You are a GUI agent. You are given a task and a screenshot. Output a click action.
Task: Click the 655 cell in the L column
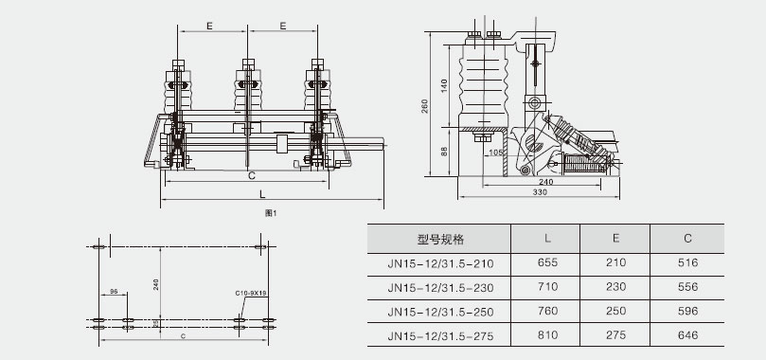click(547, 262)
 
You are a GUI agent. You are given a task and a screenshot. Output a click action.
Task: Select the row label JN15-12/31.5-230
click(440, 287)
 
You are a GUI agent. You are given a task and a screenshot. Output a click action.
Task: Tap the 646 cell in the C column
click(687, 335)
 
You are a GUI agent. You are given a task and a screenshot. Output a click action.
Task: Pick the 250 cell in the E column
click(615, 311)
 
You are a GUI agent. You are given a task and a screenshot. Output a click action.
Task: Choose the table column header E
click(616, 238)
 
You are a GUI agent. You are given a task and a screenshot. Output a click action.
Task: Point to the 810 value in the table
click(547, 335)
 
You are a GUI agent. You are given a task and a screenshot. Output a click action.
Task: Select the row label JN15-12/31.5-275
click(440, 336)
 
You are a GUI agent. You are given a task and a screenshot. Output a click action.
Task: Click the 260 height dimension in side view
click(424, 106)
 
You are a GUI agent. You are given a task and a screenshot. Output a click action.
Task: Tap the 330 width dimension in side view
click(540, 192)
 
